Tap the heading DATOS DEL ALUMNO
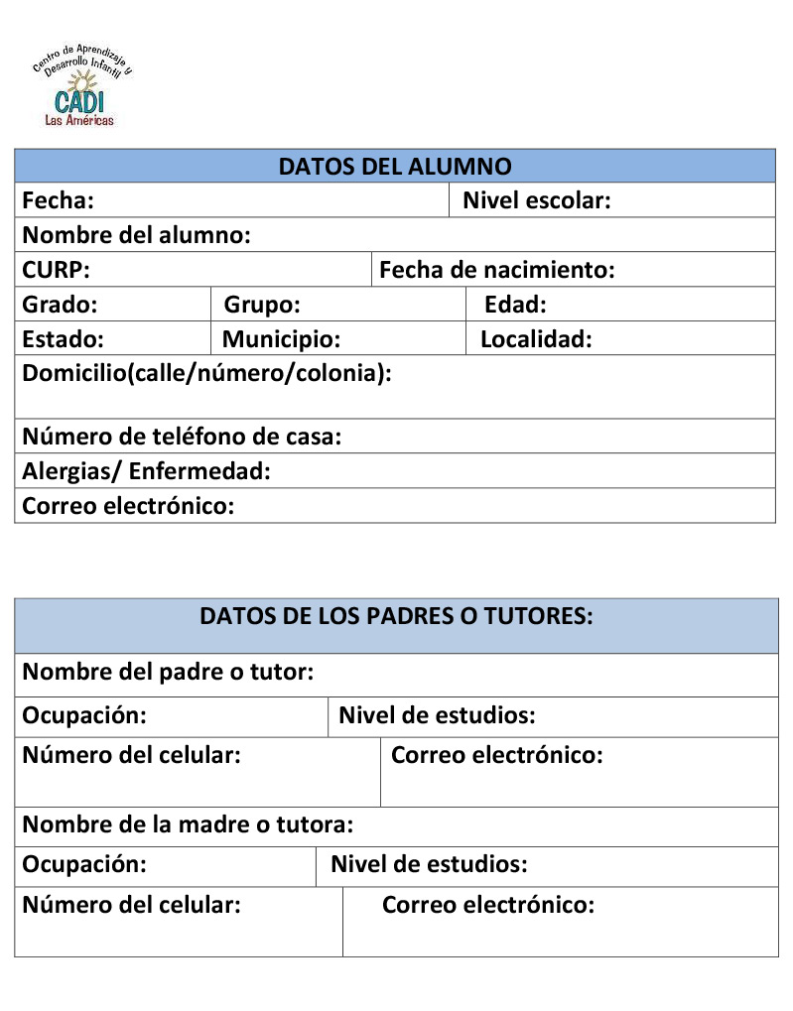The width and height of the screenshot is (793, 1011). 394,166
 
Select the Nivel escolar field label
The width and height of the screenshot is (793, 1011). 536,201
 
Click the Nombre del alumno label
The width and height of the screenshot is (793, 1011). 136,236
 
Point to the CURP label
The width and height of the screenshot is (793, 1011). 56,270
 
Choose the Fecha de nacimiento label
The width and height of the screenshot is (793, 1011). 496,270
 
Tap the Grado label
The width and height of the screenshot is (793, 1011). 60,305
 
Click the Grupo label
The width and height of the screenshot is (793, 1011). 262,305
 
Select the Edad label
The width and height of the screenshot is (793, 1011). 515,305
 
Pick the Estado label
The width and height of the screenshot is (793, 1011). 63,339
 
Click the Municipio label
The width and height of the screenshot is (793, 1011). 281,339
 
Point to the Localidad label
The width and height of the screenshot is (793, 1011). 536,339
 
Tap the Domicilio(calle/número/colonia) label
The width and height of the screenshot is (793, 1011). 206,374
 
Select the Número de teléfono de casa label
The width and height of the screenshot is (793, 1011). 182,437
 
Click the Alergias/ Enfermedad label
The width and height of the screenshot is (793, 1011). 146,471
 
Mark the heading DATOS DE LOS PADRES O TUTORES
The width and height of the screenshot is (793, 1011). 396,616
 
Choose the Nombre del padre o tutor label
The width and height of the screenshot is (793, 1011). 168,673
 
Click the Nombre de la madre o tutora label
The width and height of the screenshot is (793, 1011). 188,824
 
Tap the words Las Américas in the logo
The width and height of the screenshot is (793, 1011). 79,120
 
